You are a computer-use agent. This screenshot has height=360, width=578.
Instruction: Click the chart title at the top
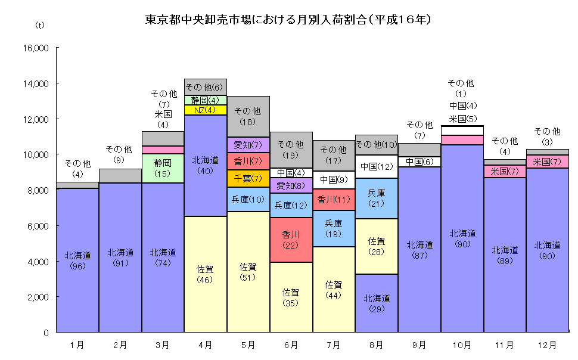[x=288, y=20]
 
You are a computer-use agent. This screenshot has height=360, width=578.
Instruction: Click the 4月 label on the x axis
[x=206, y=345]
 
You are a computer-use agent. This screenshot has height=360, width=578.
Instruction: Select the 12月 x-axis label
[x=547, y=345]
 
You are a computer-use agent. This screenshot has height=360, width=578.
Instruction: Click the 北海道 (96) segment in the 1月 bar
[x=77, y=260]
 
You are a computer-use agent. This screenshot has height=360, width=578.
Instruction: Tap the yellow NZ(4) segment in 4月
[x=206, y=110]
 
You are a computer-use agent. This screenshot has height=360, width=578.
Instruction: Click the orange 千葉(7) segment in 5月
[x=248, y=178]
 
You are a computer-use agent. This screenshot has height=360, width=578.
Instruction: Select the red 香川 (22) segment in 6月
[x=291, y=240]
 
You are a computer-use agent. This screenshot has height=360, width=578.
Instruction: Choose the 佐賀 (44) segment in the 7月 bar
[x=334, y=289]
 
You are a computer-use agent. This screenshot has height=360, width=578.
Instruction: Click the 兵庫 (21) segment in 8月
[x=377, y=198]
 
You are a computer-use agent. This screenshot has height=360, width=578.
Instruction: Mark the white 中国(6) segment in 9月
[x=419, y=162]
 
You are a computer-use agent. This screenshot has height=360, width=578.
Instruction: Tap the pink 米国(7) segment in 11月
[x=505, y=171]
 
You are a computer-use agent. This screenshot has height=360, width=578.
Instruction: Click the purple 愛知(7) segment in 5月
[x=248, y=145]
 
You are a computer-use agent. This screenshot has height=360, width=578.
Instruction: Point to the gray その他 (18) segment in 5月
[x=248, y=116]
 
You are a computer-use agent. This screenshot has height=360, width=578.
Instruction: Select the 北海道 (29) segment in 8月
[x=377, y=303]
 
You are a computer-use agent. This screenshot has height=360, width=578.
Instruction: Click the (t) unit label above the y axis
[x=41, y=25]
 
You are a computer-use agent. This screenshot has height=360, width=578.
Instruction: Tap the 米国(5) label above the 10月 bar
[x=462, y=119]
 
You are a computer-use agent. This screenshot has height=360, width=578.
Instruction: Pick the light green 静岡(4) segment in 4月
[x=206, y=100]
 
